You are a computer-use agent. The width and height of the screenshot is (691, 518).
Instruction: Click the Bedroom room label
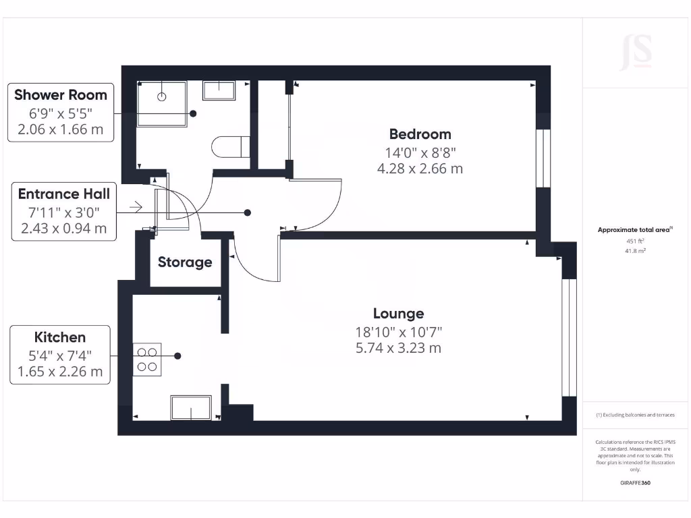tap(420, 134)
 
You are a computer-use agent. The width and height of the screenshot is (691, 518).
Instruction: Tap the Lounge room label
tap(398, 313)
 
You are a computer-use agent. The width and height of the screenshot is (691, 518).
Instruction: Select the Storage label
tap(185, 262)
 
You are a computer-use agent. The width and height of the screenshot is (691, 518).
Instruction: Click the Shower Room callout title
tap(61, 94)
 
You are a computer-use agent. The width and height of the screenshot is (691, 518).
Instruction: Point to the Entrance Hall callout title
tap(63, 194)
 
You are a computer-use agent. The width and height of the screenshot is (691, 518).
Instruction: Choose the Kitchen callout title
tap(60, 337)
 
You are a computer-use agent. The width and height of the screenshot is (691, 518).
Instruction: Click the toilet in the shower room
tap(230, 146)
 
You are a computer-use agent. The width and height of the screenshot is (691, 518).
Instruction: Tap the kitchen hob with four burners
tap(147, 359)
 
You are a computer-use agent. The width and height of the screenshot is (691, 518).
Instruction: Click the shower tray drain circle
tap(161, 97)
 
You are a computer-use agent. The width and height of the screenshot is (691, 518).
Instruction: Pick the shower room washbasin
tap(219, 91)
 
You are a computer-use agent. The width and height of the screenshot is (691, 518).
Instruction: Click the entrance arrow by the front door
tap(135, 207)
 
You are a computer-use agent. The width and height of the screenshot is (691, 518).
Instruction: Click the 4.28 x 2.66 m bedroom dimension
tap(420, 169)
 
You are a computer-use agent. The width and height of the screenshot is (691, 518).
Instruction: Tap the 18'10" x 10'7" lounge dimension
tap(398, 332)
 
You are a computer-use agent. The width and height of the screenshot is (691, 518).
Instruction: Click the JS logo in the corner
tap(636, 53)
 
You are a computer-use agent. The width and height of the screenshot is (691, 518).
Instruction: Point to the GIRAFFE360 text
tap(635, 483)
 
